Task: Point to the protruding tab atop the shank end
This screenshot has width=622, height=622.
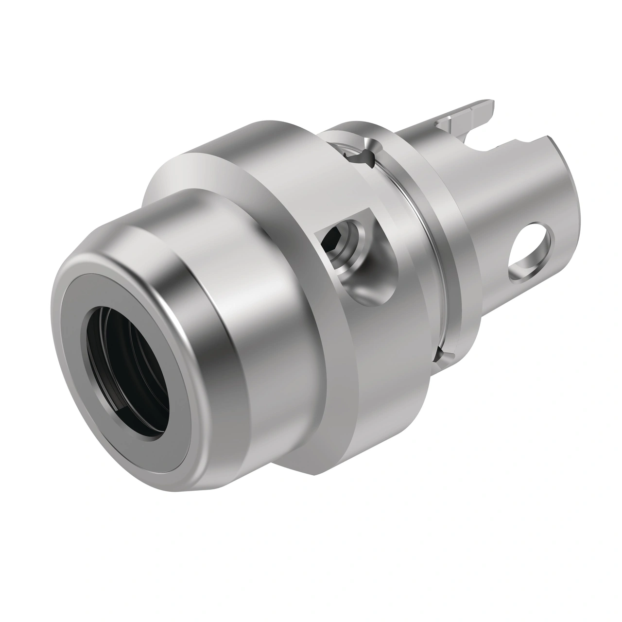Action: (466, 117)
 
